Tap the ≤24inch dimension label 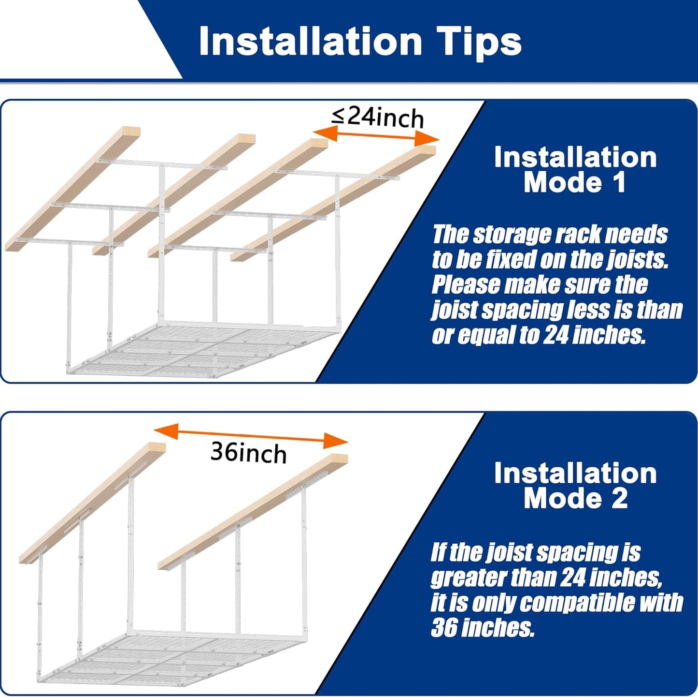(377, 117)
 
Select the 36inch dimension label (248, 453)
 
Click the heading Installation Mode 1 (575, 170)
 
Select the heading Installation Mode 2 (575, 486)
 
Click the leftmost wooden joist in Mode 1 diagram (72, 189)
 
